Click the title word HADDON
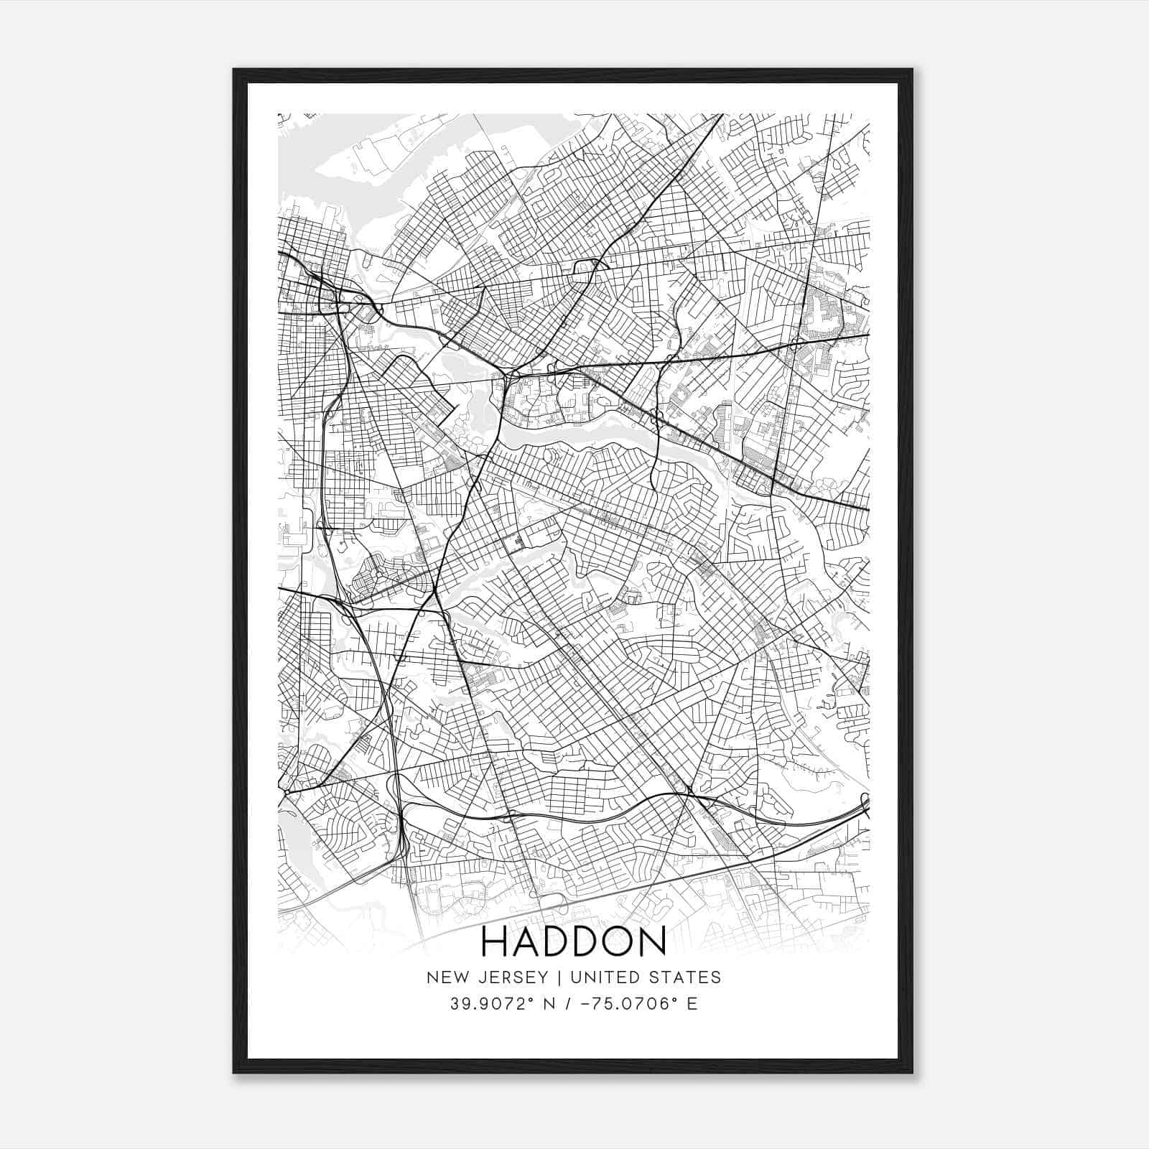click(573, 942)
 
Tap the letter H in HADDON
click(494, 942)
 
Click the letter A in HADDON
click(524, 942)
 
